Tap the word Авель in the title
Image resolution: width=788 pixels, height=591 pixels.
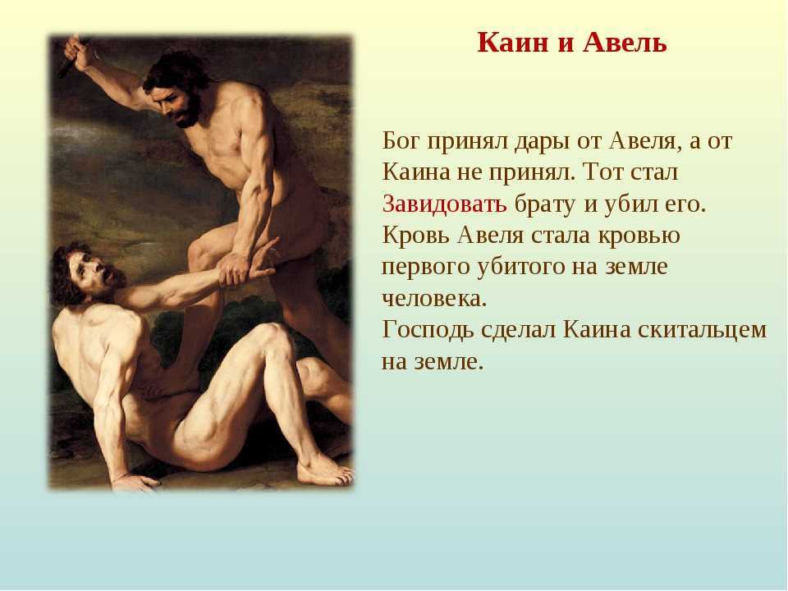pos(625,42)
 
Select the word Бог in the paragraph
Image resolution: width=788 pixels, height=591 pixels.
pos(401,140)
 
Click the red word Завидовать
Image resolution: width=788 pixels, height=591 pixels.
pos(444,204)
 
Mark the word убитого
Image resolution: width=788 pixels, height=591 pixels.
pos(520,266)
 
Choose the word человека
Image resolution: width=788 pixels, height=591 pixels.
pos(434,299)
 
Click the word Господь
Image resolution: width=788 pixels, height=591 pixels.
pos(428,331)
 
